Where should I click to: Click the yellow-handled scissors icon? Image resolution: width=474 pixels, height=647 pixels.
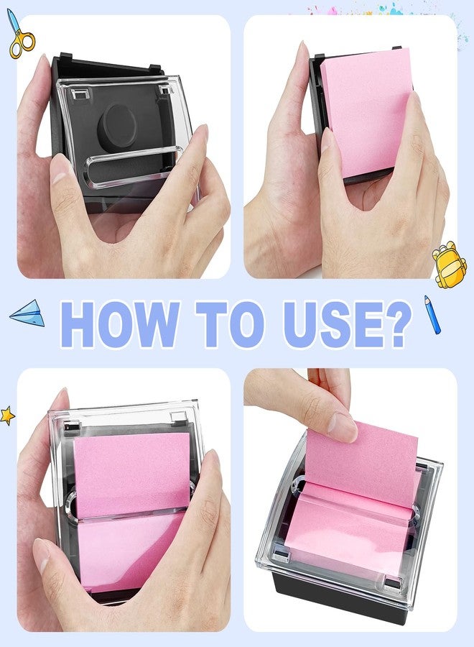20,35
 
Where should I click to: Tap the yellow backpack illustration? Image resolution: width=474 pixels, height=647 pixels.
449,264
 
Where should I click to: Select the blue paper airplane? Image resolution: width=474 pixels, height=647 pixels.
28,313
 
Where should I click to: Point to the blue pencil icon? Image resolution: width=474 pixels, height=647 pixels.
432,314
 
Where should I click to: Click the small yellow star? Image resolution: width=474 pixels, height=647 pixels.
7,416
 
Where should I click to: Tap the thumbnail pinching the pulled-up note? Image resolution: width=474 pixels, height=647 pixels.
343,427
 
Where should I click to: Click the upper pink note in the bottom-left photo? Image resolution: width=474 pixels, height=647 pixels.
132,474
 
